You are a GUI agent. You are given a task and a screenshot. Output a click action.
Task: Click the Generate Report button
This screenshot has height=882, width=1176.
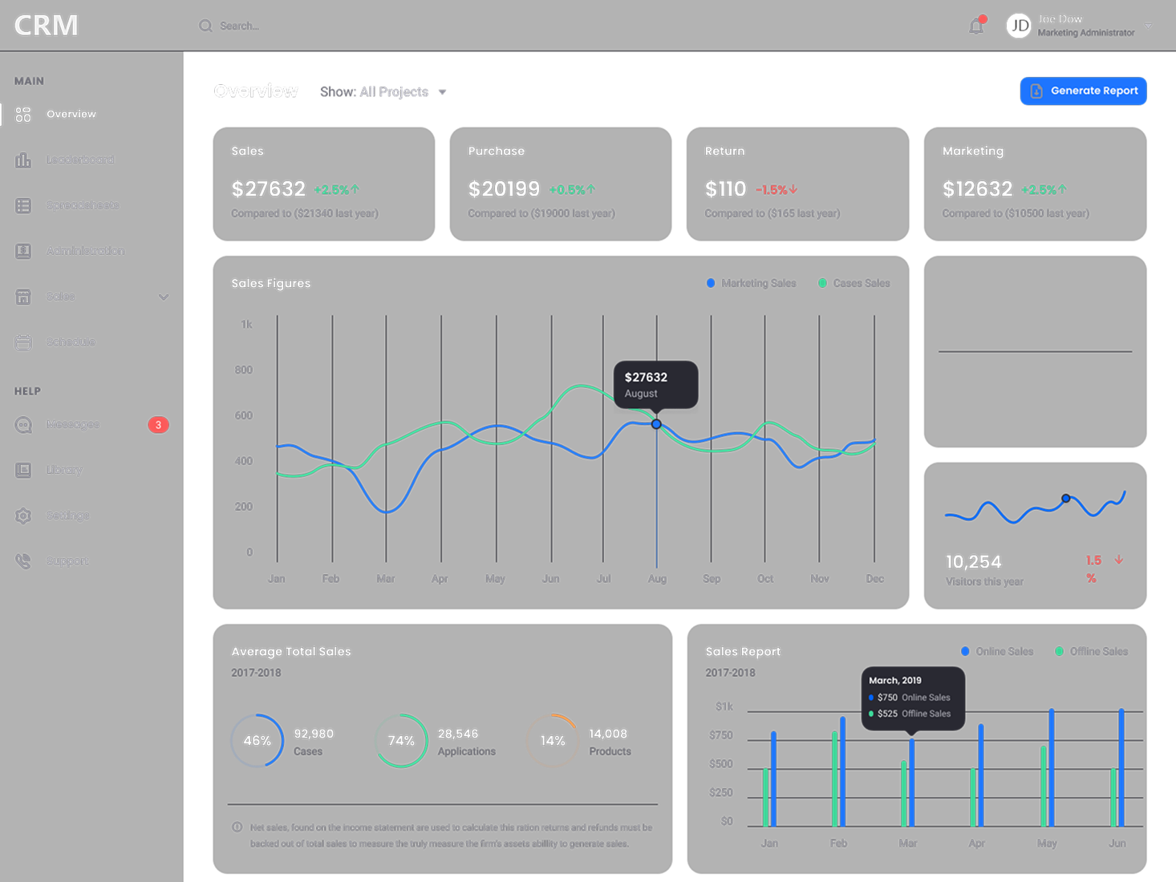click(x=1083, y=91)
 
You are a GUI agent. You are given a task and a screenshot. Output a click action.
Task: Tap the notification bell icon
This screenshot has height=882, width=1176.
click(x=975, y=26)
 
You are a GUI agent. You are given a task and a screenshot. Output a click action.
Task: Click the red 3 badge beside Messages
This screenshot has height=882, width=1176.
click(x=158, y=425)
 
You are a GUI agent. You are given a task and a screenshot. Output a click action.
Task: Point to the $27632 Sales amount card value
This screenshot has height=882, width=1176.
click(x=268, y=189)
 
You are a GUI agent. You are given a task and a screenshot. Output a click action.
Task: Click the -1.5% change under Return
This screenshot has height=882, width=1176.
click(x=776, y=190)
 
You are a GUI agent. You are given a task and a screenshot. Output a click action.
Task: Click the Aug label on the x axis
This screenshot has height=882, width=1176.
click(x=657, y=579)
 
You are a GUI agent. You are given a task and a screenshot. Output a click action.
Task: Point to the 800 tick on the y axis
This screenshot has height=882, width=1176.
click(x=244, y=370)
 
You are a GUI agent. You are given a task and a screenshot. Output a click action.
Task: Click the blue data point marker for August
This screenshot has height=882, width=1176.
click(x=656, y=424)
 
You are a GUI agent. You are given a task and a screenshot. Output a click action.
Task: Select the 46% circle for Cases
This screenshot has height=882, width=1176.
click(x=258, y=741)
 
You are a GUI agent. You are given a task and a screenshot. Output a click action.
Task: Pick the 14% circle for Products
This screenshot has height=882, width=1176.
click(x=552, y=741)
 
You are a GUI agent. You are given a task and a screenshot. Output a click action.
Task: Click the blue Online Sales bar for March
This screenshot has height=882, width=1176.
click(x=912, y=782)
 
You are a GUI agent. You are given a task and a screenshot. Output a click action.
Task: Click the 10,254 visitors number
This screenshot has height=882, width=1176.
click(x=973, y=562)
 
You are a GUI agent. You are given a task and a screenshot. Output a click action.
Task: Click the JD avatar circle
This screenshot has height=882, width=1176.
click(x=1019, y=26)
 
